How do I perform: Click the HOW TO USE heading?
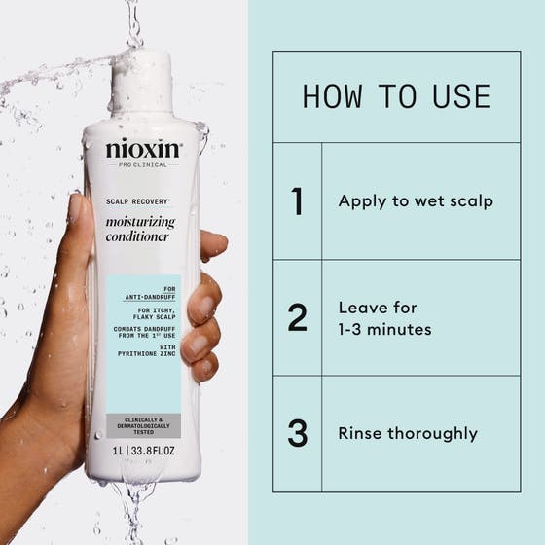point(396,96)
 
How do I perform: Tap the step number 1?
point(298,201)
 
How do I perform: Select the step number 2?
point(298,318)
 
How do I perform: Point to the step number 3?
point(298,433)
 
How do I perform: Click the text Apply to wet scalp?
point(416,201)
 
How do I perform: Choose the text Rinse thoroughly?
point(408,433)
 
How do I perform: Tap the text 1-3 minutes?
point(384,330)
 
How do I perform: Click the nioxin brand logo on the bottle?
point(142,150)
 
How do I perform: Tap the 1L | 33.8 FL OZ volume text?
point(144,451)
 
